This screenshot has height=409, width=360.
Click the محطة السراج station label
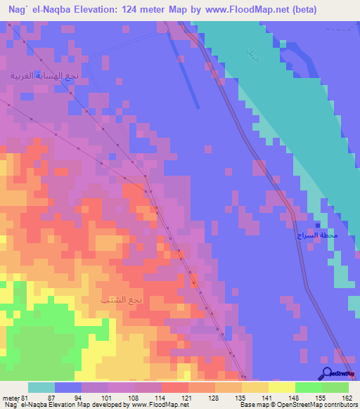click(316, 235)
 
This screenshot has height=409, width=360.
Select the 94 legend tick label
click(82, 398)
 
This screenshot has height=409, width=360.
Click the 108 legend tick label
click(135, 398)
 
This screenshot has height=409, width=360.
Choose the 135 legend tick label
click(241, 398)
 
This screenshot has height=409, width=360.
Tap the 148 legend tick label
click(295, 398)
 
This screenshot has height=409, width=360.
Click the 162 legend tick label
click(347, 398)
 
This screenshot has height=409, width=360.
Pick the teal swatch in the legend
click(41, 387)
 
